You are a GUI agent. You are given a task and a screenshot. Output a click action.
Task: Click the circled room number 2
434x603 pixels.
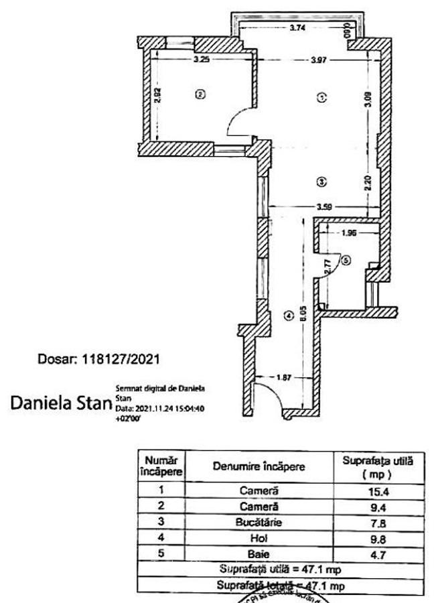(x=199, y=94)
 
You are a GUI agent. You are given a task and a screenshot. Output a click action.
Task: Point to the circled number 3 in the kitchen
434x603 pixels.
(x=321, y=181)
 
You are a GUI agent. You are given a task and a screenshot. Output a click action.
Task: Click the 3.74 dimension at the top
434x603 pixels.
(x=298, y=28)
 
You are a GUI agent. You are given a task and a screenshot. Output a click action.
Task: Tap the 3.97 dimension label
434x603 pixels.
(x=319, y=61)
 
